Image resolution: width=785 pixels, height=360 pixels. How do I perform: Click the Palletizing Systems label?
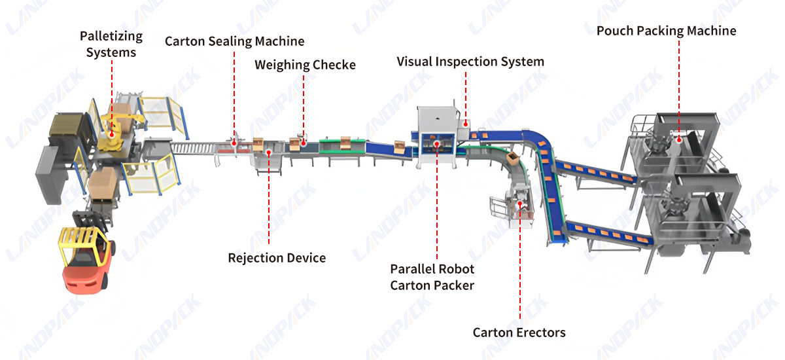click(111, 43)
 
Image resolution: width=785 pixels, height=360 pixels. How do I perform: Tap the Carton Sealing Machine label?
click(234, 41)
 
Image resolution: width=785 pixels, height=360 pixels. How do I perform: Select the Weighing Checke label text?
click(305, 65)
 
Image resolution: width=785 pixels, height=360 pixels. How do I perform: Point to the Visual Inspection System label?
click(470, 62)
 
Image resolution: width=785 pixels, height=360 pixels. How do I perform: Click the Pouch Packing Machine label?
click(666, 31)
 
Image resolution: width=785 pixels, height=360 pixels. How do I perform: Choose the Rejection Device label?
click(277, 258)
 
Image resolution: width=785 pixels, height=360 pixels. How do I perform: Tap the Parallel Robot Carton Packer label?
click(432, 277)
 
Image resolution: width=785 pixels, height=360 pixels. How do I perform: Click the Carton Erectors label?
click(519, 333)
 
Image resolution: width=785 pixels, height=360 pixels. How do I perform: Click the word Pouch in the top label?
click(615, 31)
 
